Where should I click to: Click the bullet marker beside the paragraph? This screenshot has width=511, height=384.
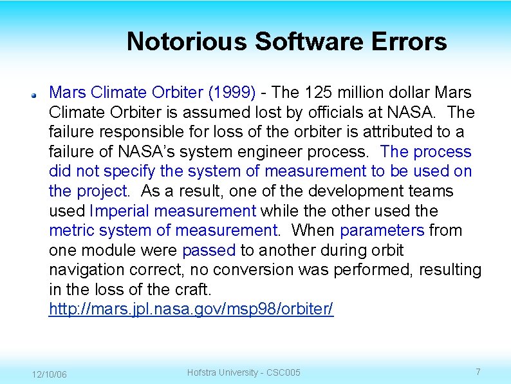35,94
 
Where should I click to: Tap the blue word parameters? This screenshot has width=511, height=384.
382,230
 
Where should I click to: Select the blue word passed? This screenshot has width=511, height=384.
209,250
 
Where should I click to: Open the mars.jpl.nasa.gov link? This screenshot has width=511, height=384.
191,309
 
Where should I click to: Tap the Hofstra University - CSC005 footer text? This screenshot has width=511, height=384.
243,372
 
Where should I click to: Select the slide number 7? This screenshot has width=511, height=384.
478,372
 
